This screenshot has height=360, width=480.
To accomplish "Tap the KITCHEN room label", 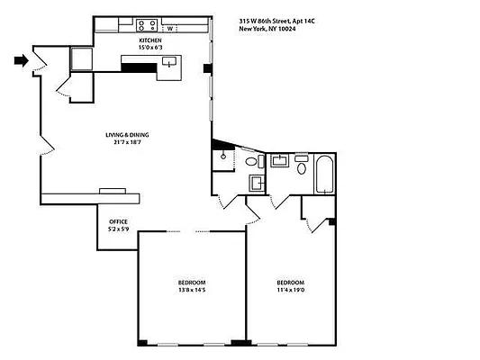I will [x=150, y=41].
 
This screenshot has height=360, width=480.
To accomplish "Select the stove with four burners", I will [x=147, y=26].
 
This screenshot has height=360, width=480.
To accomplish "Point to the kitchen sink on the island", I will [x=169, y=62].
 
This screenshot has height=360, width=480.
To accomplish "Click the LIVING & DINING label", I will [x=131, y=135].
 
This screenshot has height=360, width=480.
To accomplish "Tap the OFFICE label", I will [x=118, y=221].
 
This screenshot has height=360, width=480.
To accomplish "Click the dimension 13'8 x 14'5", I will [x=191, y=292].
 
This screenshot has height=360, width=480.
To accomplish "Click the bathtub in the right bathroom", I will [x=324, y=175].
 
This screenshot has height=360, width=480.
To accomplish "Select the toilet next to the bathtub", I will [x=302, y=166].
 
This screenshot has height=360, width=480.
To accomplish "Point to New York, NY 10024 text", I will [x=270, y=29].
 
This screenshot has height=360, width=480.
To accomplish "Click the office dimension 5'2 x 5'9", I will [x=118, y=229].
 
